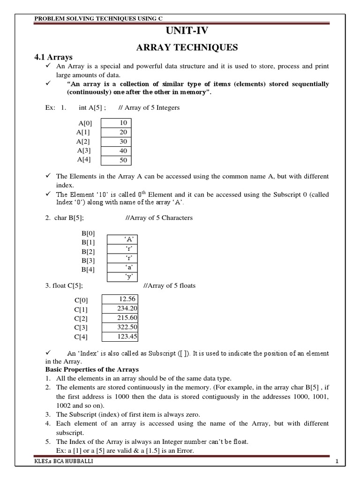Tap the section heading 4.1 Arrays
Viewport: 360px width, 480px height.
click(51, 57)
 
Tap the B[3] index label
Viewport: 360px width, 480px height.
click(88, 260)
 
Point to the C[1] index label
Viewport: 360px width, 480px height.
click(81, 309)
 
